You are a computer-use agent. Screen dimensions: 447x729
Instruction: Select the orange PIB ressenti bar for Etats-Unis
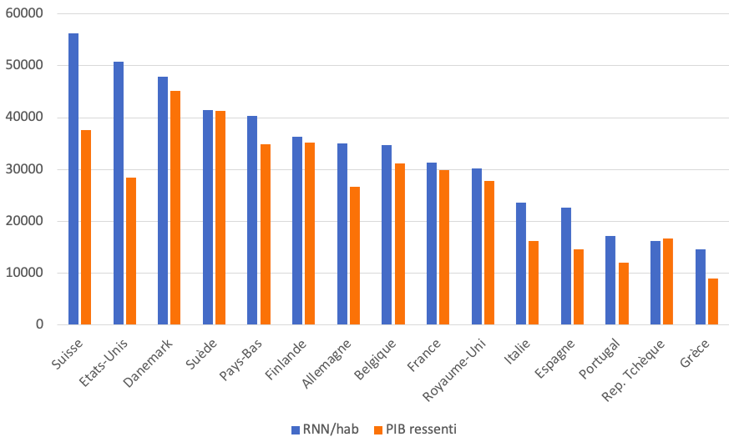(130, 251)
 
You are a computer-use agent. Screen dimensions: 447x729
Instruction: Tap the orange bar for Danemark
(175, 208)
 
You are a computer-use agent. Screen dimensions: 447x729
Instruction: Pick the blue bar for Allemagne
(342, 234)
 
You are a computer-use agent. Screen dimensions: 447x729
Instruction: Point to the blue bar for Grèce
(701, 287)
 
